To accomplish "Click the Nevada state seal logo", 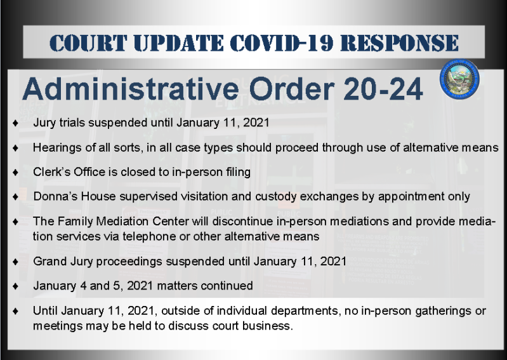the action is (459, 79).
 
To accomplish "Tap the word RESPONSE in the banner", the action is (400, 43).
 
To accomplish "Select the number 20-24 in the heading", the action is (383, 89).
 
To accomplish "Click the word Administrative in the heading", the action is (130, 89).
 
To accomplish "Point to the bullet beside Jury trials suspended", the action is (15, 123).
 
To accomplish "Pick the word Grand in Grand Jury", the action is (48, 262).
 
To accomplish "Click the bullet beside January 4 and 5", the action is (15, 286).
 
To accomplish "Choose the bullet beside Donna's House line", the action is (15, 197).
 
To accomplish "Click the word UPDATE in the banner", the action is (178, 43).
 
